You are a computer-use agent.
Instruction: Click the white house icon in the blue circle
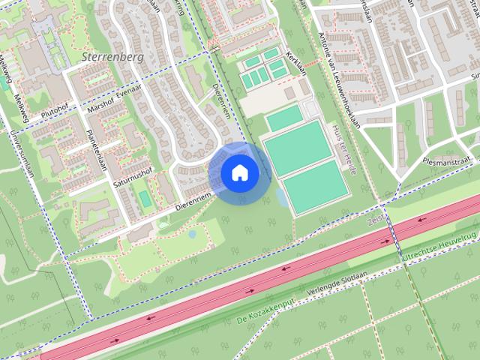coord(240,173)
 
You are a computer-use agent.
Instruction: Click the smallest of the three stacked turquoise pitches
coord(284,118)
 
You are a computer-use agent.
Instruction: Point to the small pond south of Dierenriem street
coord(193,234)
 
